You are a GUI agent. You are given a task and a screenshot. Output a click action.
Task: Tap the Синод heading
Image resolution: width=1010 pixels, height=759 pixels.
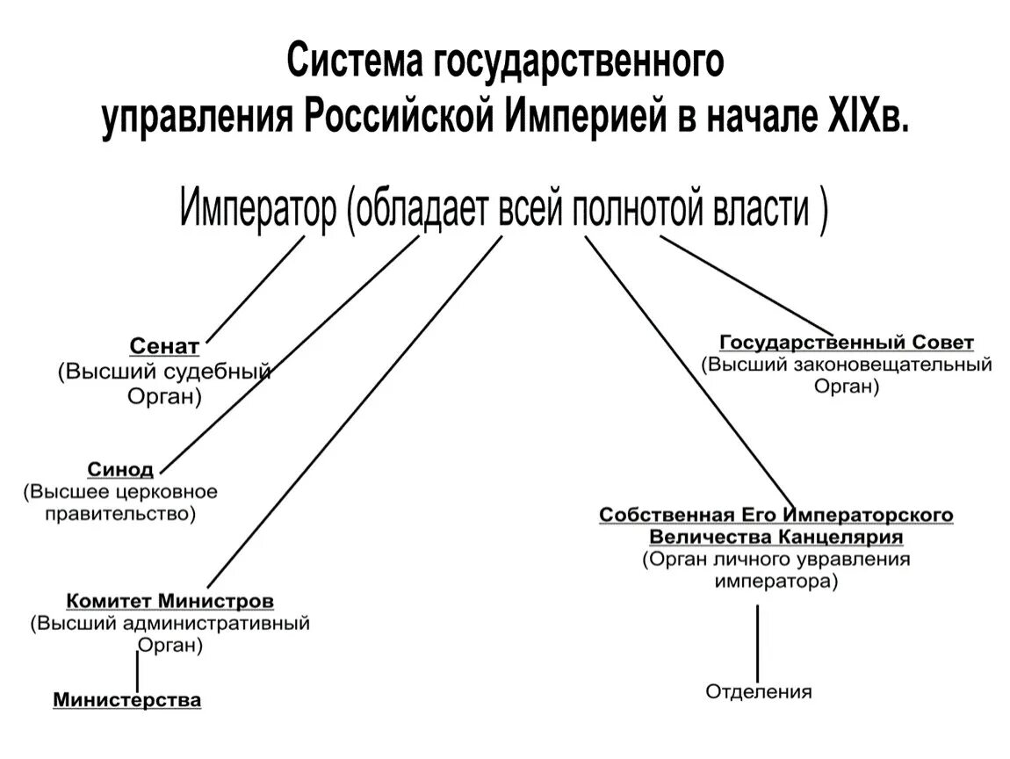pyautogui.click(x=120, y=468)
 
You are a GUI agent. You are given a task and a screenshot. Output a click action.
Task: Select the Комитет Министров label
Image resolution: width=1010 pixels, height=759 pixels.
pyautogui.click(x=170, y=602)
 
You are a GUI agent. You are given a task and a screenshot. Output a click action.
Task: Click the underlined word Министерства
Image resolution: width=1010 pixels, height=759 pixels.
pyautogui.click(x=127, y=700)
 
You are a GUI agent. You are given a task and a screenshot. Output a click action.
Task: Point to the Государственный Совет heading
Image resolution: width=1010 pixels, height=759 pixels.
pyautogui.click(x=847, y=342)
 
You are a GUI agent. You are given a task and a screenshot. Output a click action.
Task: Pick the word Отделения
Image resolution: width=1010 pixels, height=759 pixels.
pyautogui.click(x=759, y=692)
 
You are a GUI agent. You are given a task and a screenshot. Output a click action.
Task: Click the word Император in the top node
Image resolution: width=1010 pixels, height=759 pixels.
pyautogui.click(x=258, y=212)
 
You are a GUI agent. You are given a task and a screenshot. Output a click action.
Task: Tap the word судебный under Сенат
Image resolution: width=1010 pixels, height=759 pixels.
pyautogui.click(x=226, y=372)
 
